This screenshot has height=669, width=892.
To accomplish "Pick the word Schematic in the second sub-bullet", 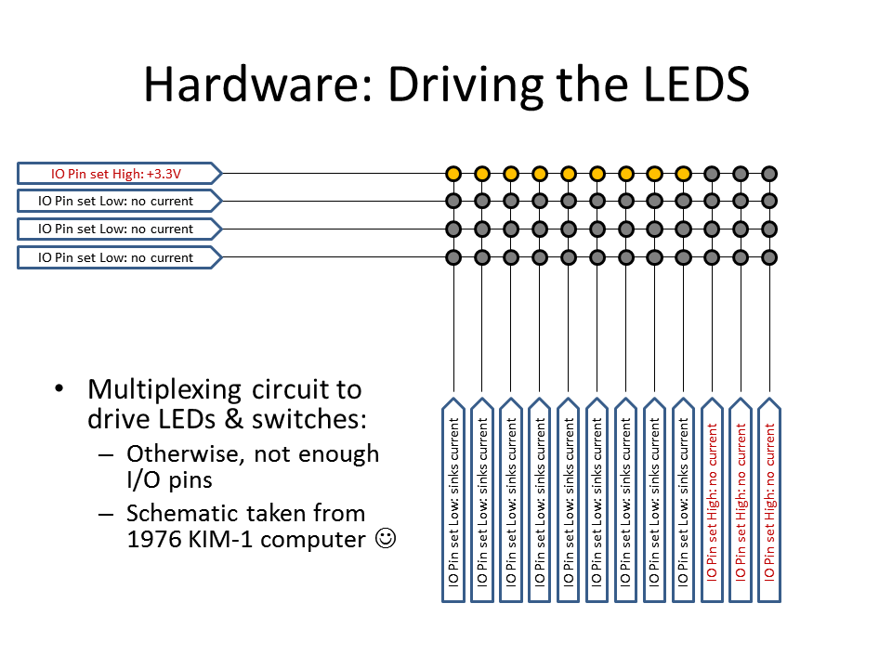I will [x=186, y=513].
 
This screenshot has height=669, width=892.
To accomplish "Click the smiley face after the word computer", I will [x=386, y=538].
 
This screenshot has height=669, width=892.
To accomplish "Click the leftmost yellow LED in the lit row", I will [x=453, y=173].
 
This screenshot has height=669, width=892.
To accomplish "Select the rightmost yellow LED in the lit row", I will [x=683, y=173].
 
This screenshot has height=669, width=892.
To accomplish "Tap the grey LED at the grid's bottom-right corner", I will [x=769, y=256].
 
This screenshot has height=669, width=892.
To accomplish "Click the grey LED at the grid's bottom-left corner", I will [x=453, y=256].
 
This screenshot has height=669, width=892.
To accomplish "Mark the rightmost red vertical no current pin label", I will [x=769, y=502].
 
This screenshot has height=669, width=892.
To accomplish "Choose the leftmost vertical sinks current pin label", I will [x=453, y=502].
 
